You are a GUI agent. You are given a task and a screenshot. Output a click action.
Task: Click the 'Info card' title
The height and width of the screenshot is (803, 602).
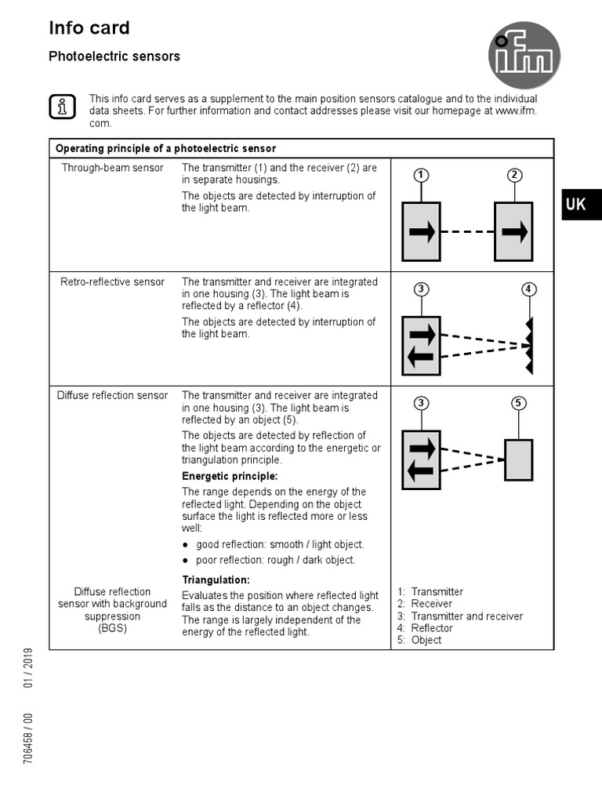(89, 28)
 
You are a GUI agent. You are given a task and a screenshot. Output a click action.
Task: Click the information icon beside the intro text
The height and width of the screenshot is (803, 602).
(62, 106)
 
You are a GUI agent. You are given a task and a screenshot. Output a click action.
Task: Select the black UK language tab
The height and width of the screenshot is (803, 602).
(580, 205)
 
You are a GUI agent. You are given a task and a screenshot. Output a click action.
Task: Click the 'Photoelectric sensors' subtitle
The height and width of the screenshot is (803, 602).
(114, 56)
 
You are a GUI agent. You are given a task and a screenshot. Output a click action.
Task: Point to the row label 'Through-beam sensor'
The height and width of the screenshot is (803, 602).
(112, 168)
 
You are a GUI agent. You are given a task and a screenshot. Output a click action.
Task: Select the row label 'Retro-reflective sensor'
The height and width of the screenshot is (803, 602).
(112, 282)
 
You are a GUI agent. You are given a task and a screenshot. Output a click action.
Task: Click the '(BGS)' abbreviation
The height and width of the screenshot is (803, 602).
(112, 628)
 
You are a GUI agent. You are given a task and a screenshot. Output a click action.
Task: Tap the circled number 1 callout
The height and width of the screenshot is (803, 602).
(421, 175)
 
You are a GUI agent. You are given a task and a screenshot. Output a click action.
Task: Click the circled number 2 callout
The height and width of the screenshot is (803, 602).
(513, 175)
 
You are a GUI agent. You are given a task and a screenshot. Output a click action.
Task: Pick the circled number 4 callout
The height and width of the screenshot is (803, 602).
(530, 289)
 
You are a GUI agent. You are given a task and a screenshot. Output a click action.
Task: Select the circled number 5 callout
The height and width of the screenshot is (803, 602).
(518, 403)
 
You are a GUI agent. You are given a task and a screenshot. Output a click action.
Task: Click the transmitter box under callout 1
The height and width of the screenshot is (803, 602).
(421, 231)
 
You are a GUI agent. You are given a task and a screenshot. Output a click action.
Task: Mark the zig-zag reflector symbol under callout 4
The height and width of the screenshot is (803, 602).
(530, 345)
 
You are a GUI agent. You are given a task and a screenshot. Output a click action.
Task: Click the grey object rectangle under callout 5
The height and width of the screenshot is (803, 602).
(518, 460)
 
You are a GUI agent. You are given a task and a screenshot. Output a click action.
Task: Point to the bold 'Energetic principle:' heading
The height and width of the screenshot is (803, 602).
(230, 476)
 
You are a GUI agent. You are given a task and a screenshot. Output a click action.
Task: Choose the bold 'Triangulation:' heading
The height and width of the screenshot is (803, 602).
(216, 580)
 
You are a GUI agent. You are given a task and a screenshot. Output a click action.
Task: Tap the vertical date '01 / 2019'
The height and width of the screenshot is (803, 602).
(28, 667)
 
